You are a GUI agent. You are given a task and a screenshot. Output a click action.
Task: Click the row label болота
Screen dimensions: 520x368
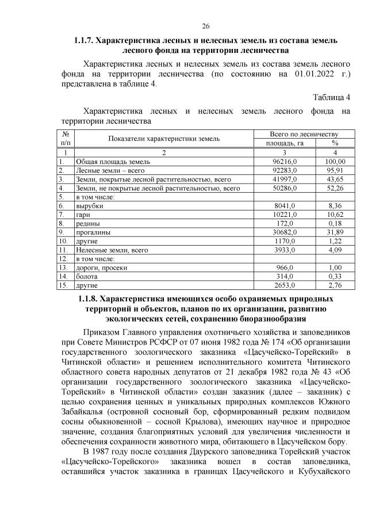[87, 276]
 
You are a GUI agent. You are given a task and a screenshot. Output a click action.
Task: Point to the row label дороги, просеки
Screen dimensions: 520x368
[102, 267]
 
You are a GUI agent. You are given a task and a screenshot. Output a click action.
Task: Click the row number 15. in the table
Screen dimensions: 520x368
[63, 285]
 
